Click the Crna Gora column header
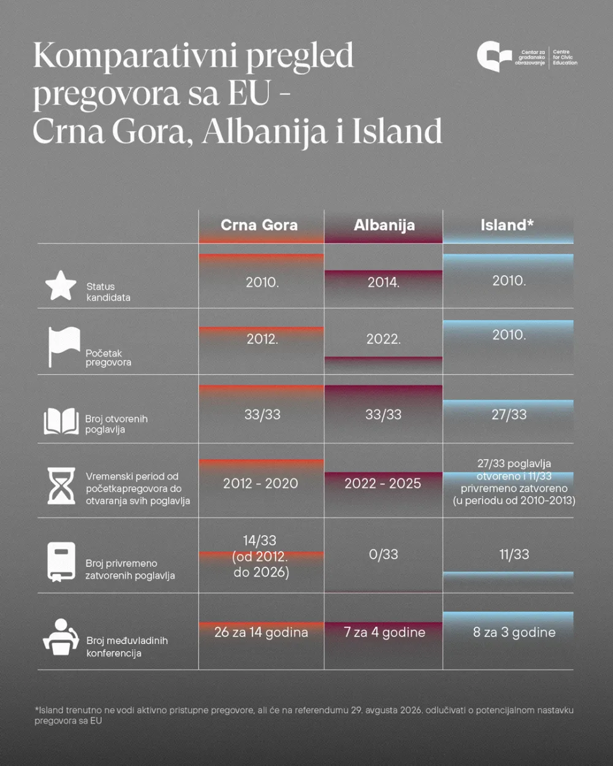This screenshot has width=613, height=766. [x=259, y=225]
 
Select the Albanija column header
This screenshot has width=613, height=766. [x=384, y=225]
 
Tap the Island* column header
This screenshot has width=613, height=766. [x=507, y=225]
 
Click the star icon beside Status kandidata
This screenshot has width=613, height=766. [x=61, y=286]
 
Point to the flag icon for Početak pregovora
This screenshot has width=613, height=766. [x=64, y=346]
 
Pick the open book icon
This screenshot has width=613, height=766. [x=61, y=422]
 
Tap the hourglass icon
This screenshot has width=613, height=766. [x=61, y=486]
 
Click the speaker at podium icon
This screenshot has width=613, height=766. [x=61, y=637]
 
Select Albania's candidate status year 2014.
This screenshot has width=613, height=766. [x=383, y=283]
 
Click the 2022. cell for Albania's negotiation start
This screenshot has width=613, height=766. [x=383, y=339]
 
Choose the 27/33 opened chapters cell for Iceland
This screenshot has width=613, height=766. [x=509, y=415]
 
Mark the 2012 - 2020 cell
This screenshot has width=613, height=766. [x=261, y=483]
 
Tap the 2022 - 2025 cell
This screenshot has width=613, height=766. [x=383, y=483]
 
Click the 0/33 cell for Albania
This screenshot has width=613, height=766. [x=383, y=555]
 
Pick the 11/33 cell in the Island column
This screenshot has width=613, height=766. [x=514, y=555]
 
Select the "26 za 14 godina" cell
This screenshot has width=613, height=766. [x=261, y=632]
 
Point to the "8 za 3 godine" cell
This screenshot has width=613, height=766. [x=514, y=632]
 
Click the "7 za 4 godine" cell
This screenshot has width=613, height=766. [x=384, y=632]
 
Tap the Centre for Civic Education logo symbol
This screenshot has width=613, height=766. [x=494, y=57]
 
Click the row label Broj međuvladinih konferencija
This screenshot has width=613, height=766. [x=127, y=647]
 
